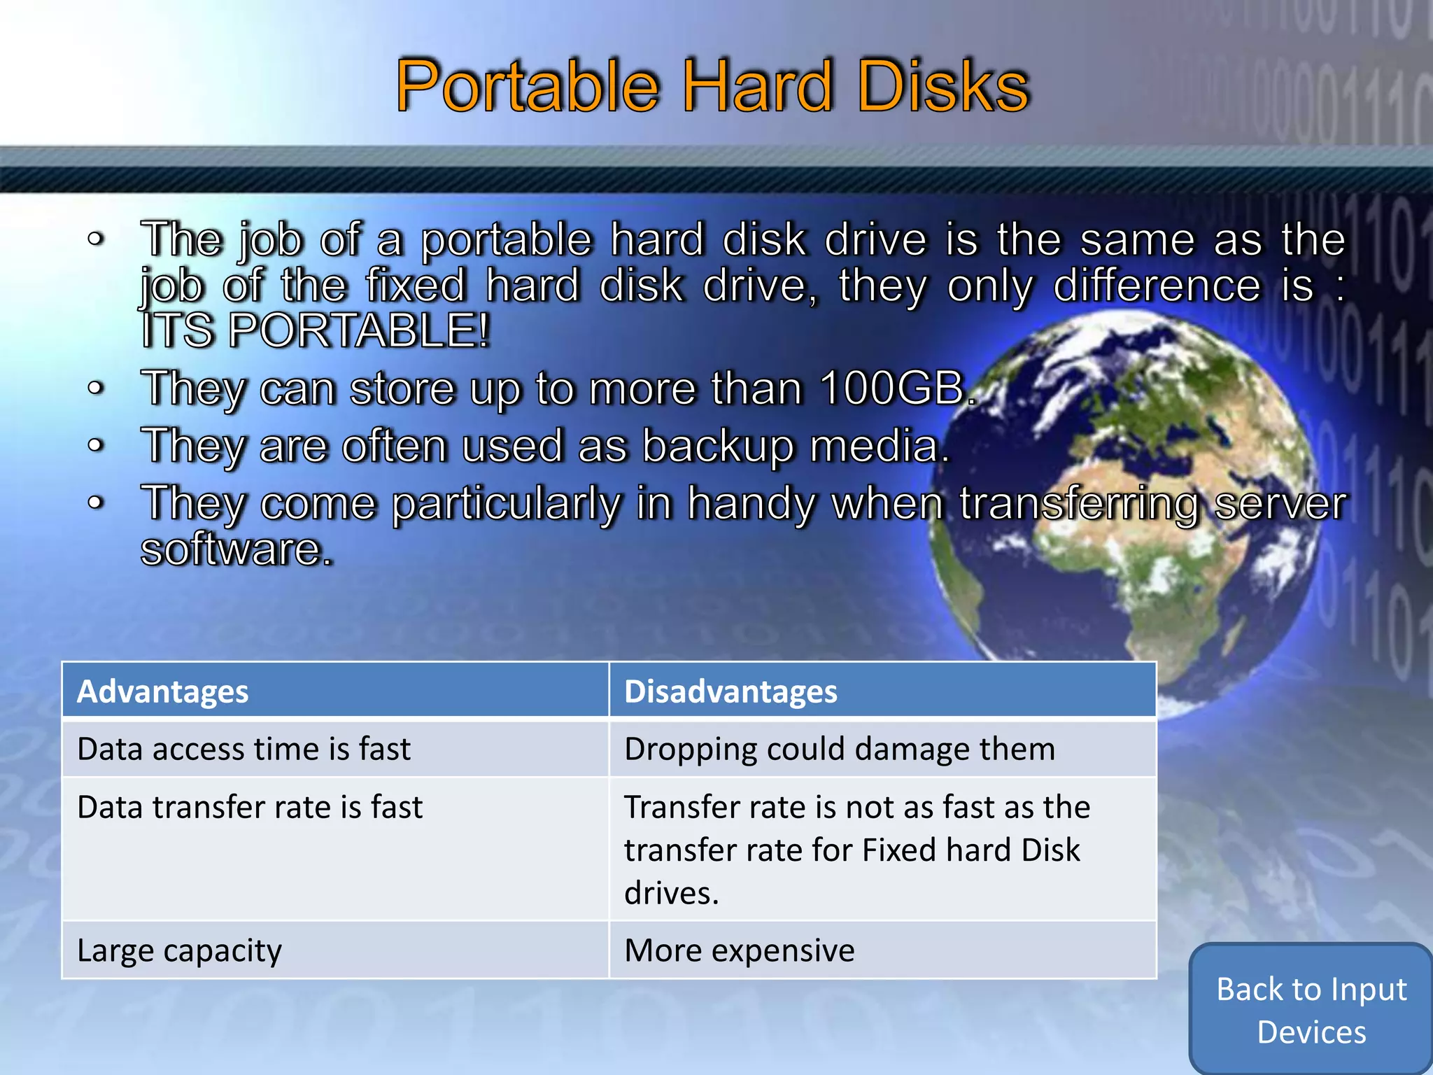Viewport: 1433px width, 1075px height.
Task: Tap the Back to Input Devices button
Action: point(1311,1010)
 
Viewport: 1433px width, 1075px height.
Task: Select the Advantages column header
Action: point(162,691)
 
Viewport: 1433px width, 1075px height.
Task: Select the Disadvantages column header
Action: point(730,691)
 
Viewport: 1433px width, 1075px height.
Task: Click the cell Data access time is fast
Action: point(243,749)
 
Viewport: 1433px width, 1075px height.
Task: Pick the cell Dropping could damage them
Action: point(839,749)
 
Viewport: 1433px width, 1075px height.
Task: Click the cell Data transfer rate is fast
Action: point(250,807)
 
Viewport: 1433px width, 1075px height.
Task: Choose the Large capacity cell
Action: point(179,950)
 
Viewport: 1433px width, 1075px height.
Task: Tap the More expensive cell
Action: point(739,950)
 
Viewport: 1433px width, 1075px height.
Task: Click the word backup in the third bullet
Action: point(717,447)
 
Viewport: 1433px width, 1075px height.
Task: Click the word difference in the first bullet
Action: point(1156,286)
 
